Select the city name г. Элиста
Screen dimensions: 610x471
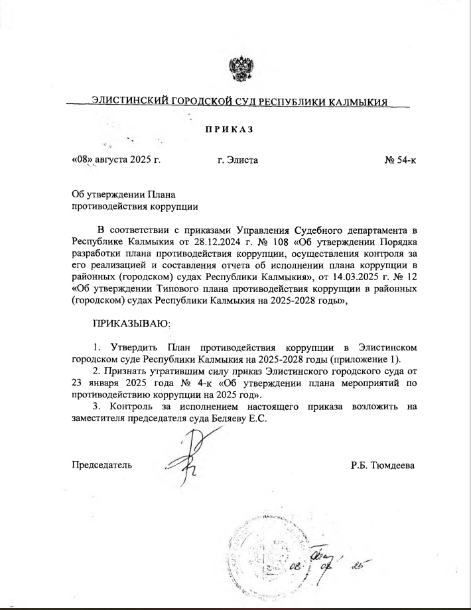tap(237, 161)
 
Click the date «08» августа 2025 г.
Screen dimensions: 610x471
tap(116, 161)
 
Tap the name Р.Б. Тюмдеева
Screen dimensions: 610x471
tap(383, 465)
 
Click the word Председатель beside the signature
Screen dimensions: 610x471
tap(101, 465)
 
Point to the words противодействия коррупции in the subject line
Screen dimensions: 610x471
tap(135, 206)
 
